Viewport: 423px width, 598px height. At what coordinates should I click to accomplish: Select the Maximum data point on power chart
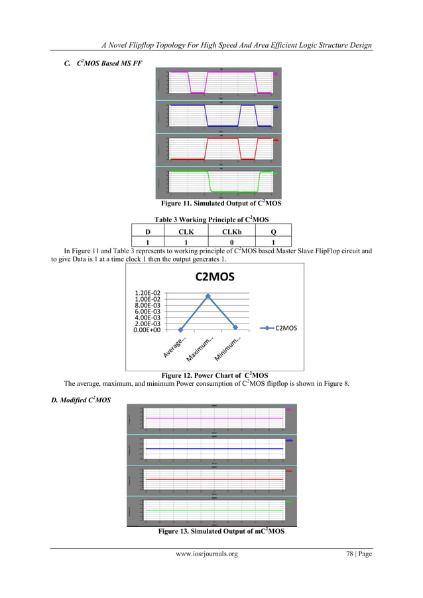(208, 296)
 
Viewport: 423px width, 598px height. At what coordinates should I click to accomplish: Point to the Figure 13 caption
(214, 532)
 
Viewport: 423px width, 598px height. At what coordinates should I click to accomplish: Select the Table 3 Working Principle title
(211, 219)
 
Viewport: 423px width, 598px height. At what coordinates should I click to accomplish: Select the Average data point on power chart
(180, 329)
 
